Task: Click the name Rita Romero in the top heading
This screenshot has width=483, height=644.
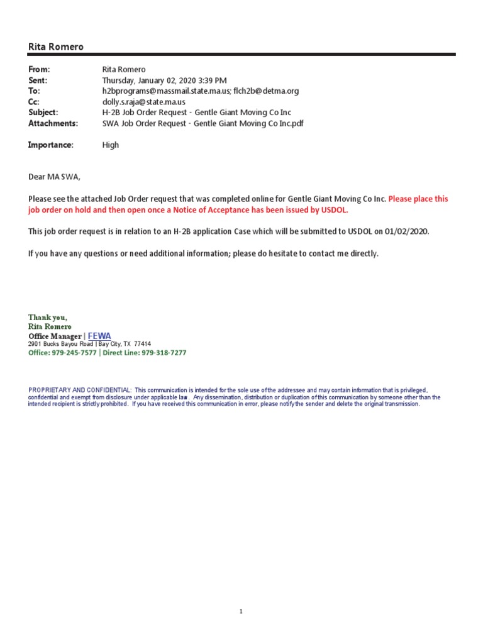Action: point(56,47)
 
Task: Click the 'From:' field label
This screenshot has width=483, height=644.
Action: point(39,69)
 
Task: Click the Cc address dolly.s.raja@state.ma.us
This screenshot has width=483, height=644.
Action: point(144,101)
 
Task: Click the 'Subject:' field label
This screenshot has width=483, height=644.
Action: point(43,112)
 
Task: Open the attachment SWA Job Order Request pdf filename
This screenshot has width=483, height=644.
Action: point(203,123)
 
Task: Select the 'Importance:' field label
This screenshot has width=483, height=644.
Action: point(51,145)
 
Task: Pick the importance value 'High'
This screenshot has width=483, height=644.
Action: point(111,145)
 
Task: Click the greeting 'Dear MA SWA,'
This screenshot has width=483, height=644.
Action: point(55,177)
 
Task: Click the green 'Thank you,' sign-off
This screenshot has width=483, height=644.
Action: point(47,318)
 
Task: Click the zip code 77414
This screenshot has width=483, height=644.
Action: point(142,344)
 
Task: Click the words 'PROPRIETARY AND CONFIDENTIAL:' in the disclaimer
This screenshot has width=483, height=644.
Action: point(80,391)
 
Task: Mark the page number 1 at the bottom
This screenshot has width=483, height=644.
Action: point(241,611)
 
